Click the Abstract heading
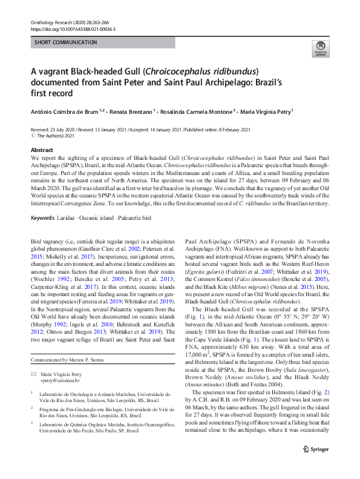point(42,150)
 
